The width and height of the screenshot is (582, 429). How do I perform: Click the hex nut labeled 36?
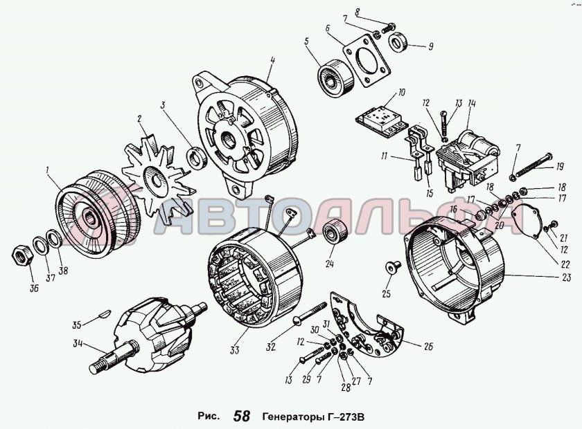21,255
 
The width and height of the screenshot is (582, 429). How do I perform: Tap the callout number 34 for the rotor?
78,343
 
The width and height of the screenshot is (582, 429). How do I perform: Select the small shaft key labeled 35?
103,314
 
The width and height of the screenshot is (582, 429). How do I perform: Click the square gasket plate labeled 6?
367,60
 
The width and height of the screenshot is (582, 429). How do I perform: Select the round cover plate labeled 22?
524,221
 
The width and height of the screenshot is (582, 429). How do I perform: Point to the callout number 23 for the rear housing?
566,277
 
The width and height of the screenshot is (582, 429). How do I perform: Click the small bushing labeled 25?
393,267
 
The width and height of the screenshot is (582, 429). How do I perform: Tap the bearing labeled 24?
335,232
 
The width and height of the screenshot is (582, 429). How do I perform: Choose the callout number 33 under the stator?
234,349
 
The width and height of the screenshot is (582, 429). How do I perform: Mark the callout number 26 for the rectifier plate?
428,347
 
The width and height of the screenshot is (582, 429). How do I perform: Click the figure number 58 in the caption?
242,416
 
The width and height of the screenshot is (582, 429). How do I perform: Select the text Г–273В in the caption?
346,417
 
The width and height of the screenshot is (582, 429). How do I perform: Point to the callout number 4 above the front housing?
272,61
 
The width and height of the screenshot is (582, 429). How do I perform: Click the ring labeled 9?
399,42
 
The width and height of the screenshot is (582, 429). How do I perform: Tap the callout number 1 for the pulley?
47,170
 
